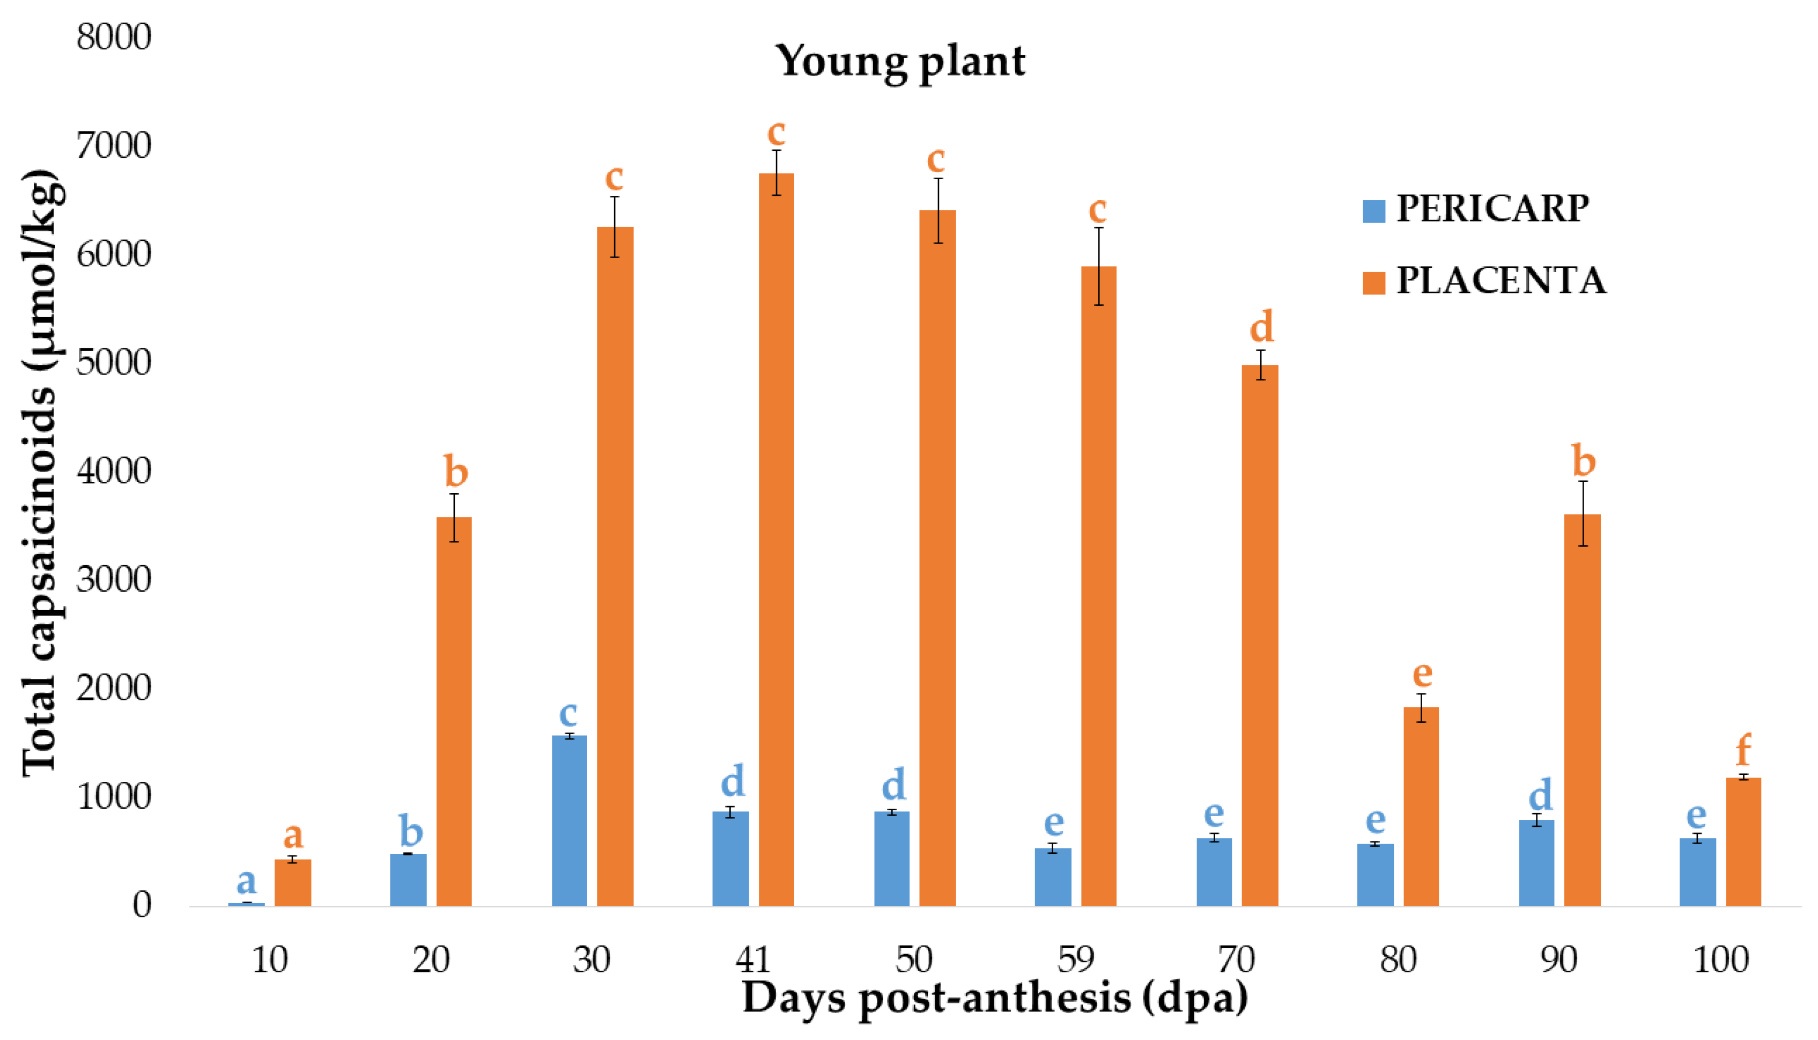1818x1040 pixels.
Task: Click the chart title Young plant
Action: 901,61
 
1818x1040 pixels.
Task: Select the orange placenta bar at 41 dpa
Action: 776,543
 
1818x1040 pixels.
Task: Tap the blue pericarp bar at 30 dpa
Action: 570,822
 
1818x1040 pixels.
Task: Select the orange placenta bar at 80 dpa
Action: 1421,807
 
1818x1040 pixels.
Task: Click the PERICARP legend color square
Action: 1373,211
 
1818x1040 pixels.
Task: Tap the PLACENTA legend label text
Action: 1501,281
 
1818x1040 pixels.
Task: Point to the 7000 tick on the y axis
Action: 114,146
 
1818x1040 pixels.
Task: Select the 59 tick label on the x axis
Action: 1076,960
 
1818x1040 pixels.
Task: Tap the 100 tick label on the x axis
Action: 1720,960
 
